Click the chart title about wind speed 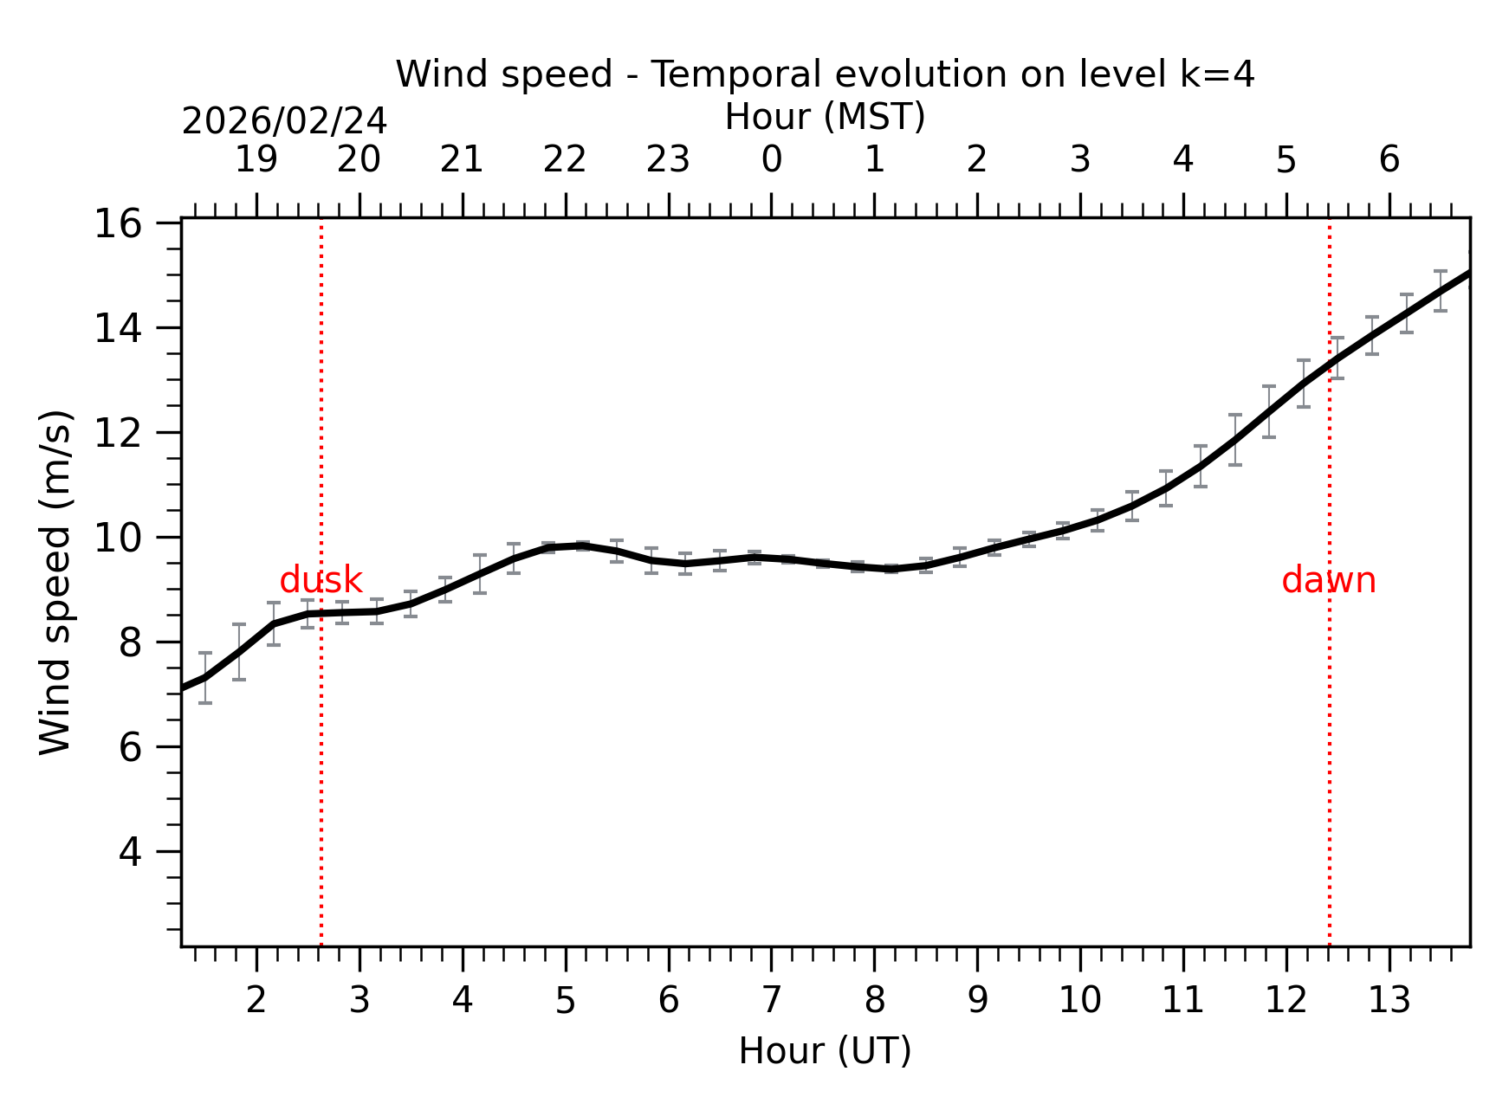(x=825, y=74)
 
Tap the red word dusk (x=321, y=580)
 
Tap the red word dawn (x=1328, y=580)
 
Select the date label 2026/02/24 (x=284, y=122)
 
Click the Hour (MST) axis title (x=825, y=117)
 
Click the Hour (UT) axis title (x=825, y=1051)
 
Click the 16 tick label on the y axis (x=117, y=224)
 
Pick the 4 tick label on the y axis (x=130, y=853)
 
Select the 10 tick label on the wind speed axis (x=117, y=539)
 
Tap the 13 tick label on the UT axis (x=1389, y=1001)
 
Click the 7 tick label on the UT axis (x=771, y=1001)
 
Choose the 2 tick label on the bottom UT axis (x=256, y=1001)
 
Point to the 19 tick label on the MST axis (x=256, y=160)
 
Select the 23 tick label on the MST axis (x=668, y=160)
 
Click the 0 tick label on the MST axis (x=771, y=160)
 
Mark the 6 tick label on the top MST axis (x=1389, y=160)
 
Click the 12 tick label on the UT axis (x=1286, y=1001)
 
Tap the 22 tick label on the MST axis (x=565, y=160)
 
